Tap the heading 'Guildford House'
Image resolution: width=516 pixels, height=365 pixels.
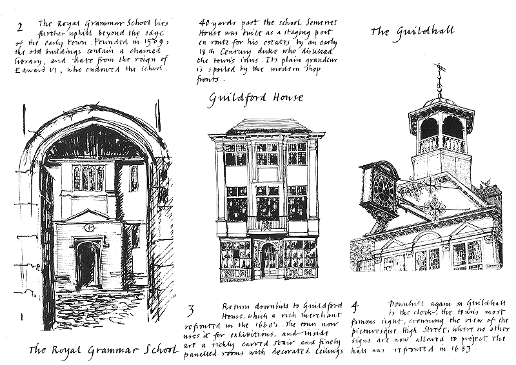pyautogui.click(x=256, y=99)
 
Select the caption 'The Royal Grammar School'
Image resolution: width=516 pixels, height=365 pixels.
pyautogui.click(x=103, y=350)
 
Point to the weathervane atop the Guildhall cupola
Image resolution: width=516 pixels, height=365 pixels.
pyautogui.click(x=441, y=73)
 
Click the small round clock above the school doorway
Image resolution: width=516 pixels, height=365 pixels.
pyautogui.click(x=89, y=228)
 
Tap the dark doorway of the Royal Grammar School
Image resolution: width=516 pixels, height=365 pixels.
pyautogui.click(x=87, y=266)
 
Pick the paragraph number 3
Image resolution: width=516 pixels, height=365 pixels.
pyautogui.click(x=191, y=309)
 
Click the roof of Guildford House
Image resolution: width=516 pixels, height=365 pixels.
pyautogui.click(x=266, y=125)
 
